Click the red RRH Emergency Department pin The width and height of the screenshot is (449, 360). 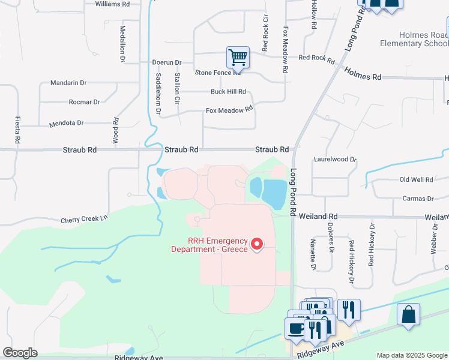pyautogui.click(x=258, y=244)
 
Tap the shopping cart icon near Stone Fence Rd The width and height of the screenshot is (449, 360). pyautogui.click(x=238, y=58)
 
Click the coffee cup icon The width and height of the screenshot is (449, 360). pyautogui.click(x=296, y=329)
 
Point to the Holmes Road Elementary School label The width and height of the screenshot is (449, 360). pyautogui.click(x=414, y=40)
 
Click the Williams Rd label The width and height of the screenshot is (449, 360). pyautogui.click(x=112, y=4)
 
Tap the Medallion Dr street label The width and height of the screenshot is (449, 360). pyautogui.click(x=122, y=44)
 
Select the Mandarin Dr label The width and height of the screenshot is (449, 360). pyautogui.click(x=68, y=83)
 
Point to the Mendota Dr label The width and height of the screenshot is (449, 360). pyautogui.click(x=67, y=123)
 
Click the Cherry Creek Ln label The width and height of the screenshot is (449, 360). pyautogui.click(x=83, y=220)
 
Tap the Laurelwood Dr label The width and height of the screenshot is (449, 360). pyautogui.click(x=335, y=160)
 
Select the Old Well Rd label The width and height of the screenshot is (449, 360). pyautogui.click(x=416, y=179)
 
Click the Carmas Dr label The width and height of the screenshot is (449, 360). pyautogui.click(x=418, y=199)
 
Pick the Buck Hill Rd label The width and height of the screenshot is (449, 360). pyautogui.click(x=228, y=92)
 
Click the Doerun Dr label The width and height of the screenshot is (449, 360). pyautogui.click(x=166, y=62)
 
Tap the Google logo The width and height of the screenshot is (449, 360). pyautogui.click(x=20, y=353)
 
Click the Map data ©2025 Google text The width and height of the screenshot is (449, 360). pyautogui.click(x=411, y=355)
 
